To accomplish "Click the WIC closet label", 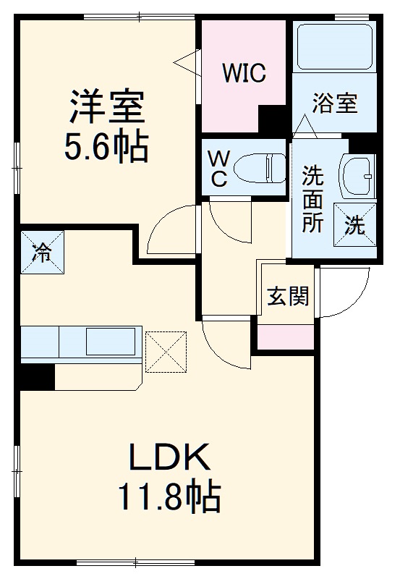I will click(244, 72).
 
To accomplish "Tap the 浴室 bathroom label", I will click(335, 103).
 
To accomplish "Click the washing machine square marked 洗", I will click(355, 224).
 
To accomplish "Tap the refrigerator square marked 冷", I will click(42, 253).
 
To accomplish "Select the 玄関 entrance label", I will click(289, 296).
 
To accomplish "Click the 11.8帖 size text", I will click(170, 496).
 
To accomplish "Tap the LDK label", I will click(169, 457).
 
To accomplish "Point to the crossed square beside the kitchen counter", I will click(167, 352).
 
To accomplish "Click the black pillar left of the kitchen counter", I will click(37, 376).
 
